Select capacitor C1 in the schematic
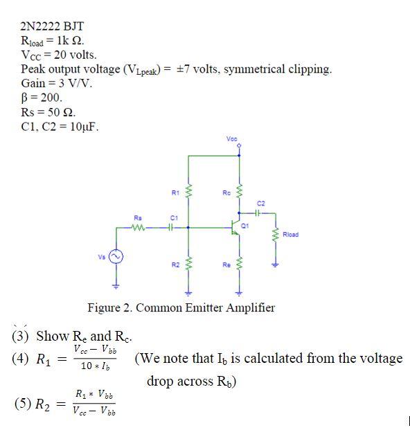(x=170, y=226)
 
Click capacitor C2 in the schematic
(x=260, y=212)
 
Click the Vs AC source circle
(x=116, y=258)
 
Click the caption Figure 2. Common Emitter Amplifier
(x=181, y=307)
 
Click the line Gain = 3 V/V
(x=57, y=82)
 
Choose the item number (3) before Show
(x=21, y=336)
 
